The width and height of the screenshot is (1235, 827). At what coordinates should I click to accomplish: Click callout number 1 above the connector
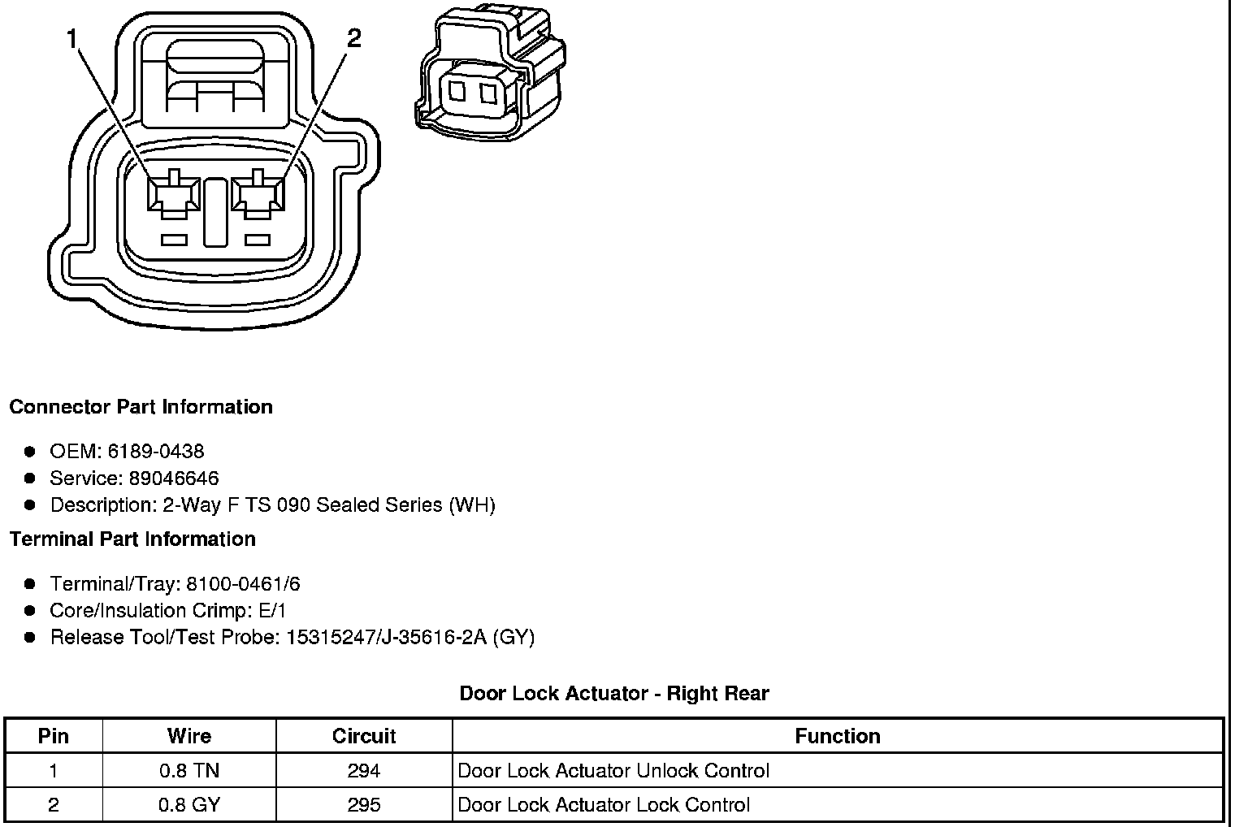point(74,38)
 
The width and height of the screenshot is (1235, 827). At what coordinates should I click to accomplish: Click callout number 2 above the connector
point(353,38)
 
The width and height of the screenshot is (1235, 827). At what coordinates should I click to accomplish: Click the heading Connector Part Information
point(141,407)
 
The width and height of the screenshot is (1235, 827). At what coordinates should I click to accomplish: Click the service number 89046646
point(173,478)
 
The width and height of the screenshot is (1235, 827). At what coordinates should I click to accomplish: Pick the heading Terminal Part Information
point(132,539)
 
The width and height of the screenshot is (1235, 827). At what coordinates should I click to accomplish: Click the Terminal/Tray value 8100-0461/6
point(244,584)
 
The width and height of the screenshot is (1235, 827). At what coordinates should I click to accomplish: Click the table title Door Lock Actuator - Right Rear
point(614,694)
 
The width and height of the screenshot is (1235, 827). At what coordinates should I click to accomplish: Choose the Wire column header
point(189,737)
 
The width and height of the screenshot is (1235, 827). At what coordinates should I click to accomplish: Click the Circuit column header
point(364,737)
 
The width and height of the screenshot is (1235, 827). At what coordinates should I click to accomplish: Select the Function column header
point(837,737)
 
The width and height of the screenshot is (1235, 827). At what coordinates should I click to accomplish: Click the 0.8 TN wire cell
point(189,771)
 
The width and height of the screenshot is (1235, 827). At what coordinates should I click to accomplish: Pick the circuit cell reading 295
point(364,805)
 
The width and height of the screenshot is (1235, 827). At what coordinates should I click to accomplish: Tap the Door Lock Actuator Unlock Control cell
point(613,771)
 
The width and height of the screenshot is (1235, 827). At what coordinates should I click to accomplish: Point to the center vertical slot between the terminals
point(215,212)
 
